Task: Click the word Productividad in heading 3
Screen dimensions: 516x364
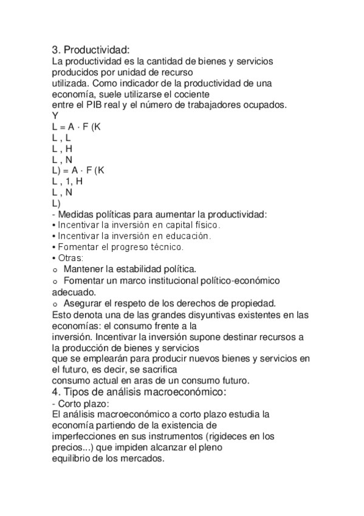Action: pos(97,50)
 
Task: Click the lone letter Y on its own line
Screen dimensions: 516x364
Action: pos(55,115)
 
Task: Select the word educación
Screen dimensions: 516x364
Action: pos(188,235)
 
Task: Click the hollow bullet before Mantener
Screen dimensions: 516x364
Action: pos(55,270)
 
